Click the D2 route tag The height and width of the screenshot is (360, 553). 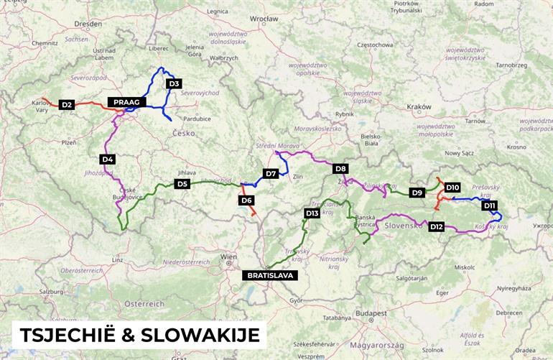[67, 105]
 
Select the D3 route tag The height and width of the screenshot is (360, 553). [172, 84]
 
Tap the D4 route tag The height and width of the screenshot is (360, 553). [107, 159]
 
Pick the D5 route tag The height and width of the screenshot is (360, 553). [182, 184]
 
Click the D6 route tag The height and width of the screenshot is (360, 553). [246, 200]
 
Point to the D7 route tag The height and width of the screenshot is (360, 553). [271, 173]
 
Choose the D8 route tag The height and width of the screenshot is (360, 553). [341, 169]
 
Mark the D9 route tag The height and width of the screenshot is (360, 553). [417, 193]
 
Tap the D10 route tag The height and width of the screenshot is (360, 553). [452, 188]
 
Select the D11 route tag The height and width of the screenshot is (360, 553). [490, 206]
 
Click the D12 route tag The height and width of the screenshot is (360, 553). [437, 227]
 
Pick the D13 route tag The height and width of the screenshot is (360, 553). [312, 213]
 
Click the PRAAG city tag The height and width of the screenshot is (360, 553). [127, 102]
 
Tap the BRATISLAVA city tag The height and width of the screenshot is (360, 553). [269, 275]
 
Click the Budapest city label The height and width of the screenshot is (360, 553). [373, 313]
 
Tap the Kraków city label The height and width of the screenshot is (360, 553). [419, 106]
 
